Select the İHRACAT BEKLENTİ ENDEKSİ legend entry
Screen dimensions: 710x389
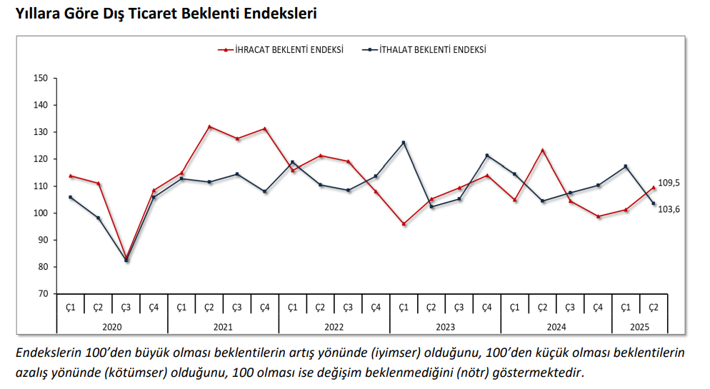[280, 50]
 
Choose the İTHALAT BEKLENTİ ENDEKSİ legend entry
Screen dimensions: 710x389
[424, 50]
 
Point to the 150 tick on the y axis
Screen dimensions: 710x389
[40, 78]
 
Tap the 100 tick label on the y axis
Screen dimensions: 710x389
[40, 213]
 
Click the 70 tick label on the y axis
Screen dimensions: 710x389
[43, 294]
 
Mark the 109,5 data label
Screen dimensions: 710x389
[669, 183]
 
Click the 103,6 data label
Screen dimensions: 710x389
[669, 209]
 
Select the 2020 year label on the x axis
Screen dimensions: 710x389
[112, 327]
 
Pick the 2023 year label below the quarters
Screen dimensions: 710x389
[445, 327]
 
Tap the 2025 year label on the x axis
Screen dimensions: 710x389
[639, 327]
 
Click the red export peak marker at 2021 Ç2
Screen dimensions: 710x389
[209, 126]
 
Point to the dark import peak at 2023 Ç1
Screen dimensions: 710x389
[404, 143]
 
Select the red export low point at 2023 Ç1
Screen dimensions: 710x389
[404, 224]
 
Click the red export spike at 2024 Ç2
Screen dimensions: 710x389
[542, 150]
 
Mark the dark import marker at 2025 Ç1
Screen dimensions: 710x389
[626, 166]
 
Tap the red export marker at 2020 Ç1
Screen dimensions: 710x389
[71, 176]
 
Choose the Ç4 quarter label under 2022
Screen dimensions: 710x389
[376, 308]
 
